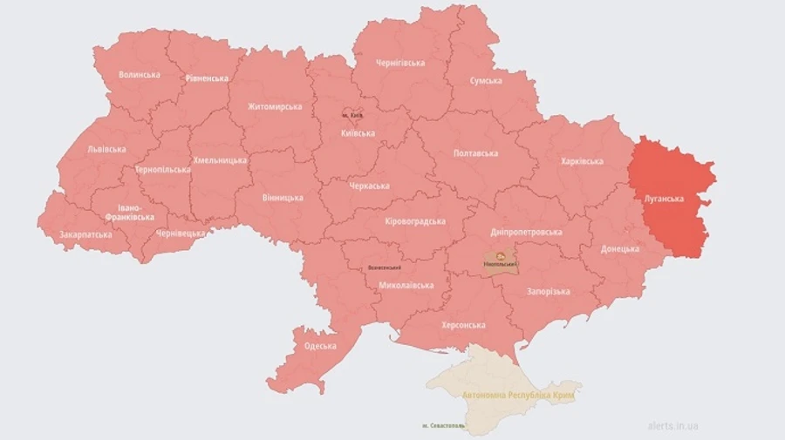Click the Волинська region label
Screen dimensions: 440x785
tap(140, 75)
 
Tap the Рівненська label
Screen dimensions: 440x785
tap(207, 78)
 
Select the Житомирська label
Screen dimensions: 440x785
tap(274, 107)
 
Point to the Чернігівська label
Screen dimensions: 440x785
tap(399, 64)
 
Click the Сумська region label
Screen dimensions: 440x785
tap(486, 81)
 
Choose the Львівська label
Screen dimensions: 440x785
tap(107, 149)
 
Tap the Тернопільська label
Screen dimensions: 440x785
tap(161, 170)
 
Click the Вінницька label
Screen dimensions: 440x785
tap(283, 198)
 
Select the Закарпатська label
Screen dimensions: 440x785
tap(85, 235)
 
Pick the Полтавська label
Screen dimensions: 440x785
tap(476, 153)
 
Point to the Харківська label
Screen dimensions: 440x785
tap(582, 162)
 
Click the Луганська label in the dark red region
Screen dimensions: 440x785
tap(664, 199)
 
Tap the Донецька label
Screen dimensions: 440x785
tap(619, 248)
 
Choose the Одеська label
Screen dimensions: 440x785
tap(320, 347)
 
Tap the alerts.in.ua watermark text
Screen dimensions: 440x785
tap(672, 426)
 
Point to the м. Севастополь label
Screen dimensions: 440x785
tap(437, 426)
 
